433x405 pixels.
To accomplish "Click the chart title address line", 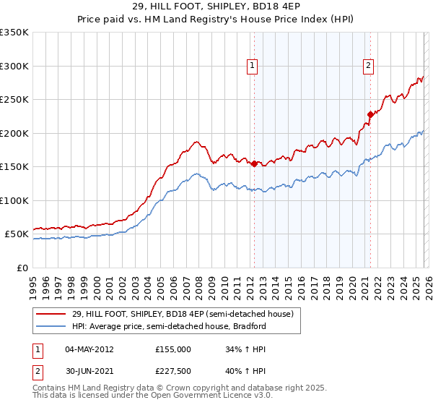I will click(216, 7).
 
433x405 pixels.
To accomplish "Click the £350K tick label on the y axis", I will click(14, 33).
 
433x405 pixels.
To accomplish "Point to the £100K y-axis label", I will click(14, 200).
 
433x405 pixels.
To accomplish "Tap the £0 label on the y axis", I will click(23, 268).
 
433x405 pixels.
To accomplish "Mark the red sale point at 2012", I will click(254, 163).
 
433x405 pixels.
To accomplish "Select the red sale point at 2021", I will click(370, 114).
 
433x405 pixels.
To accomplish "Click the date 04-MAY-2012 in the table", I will click(89, 349).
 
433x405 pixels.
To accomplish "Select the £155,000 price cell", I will click(173, 349).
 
